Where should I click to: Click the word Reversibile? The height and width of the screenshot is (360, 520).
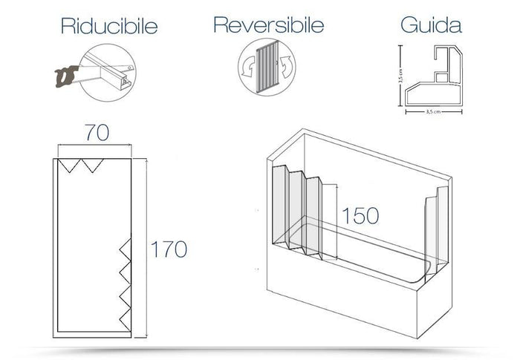pos(268,25)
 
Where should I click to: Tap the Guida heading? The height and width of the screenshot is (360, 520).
pos(431,25)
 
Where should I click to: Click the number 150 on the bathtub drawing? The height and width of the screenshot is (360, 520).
pos(360,215)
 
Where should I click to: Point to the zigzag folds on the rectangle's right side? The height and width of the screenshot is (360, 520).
pos(124,282)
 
